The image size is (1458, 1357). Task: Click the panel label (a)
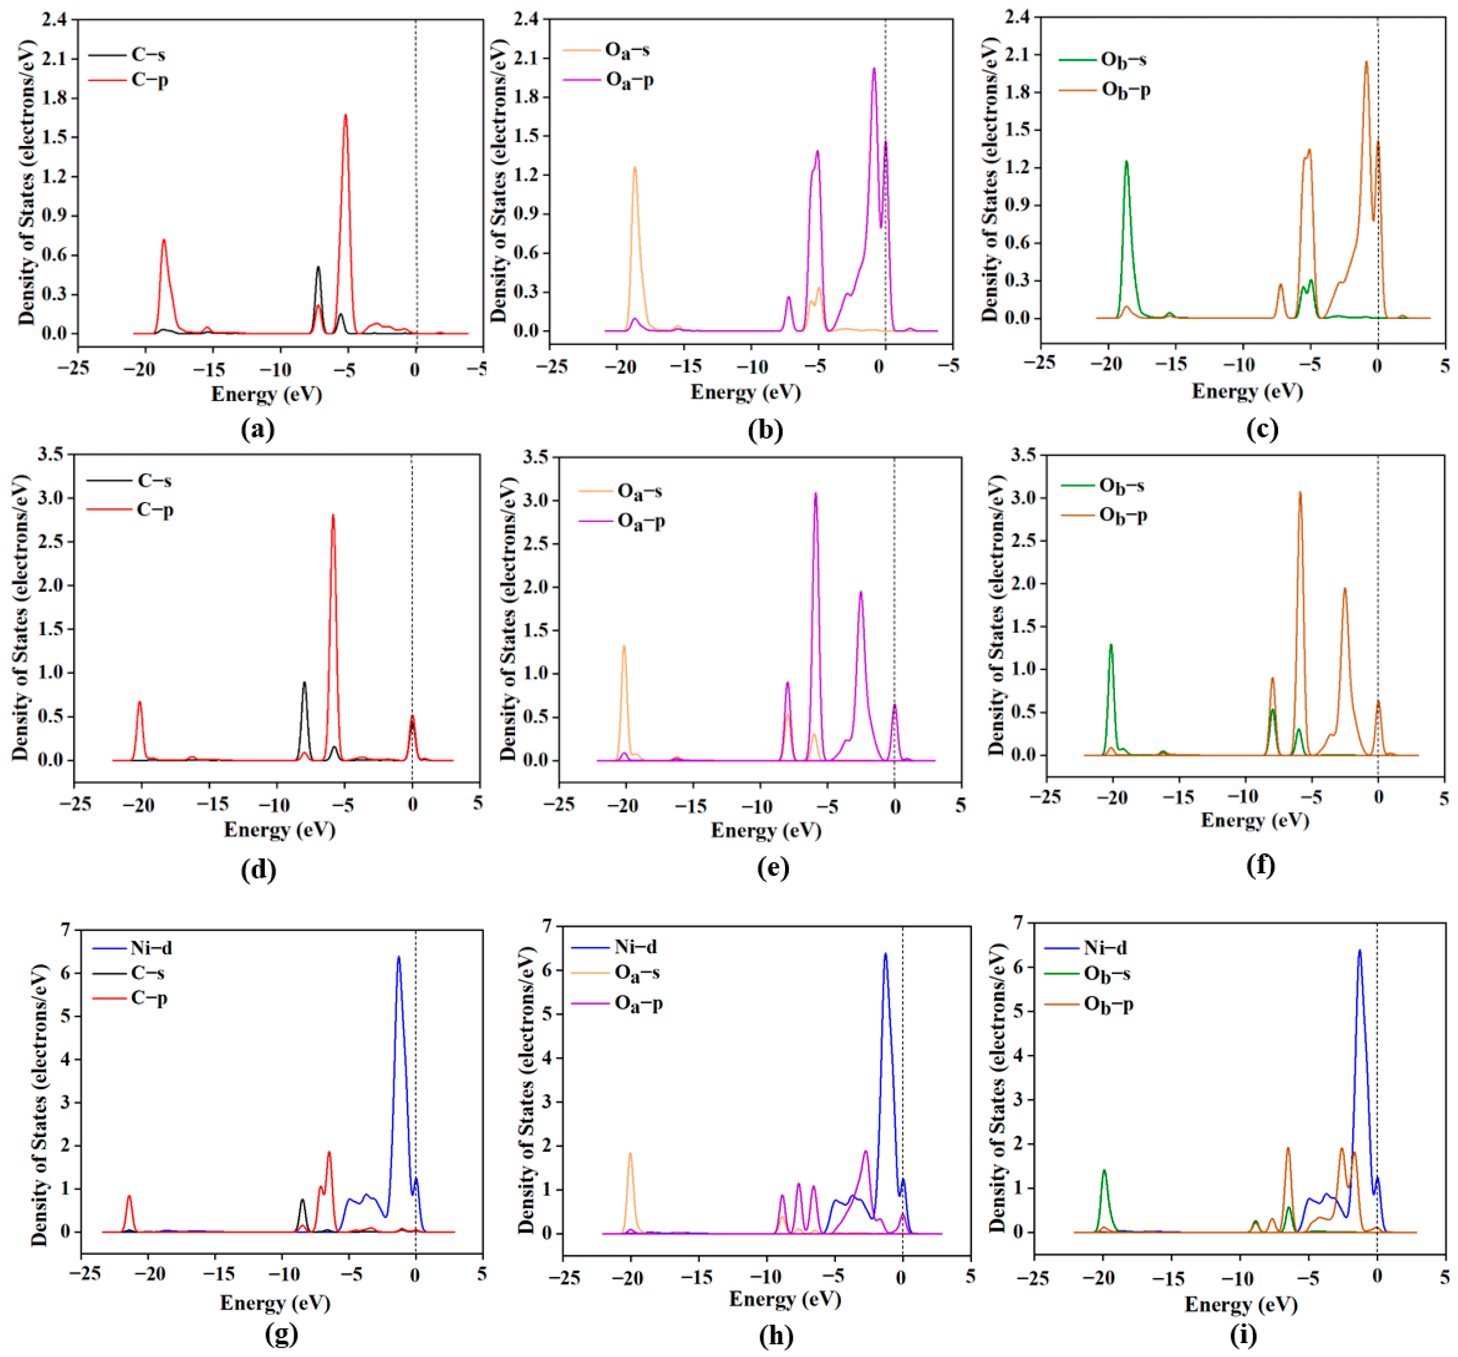coord(257,429)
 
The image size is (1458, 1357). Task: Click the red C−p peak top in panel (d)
coord(333,516)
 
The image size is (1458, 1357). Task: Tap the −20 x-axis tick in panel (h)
coord(628,1279)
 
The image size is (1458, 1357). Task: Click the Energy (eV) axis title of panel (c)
coord(1247,391)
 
